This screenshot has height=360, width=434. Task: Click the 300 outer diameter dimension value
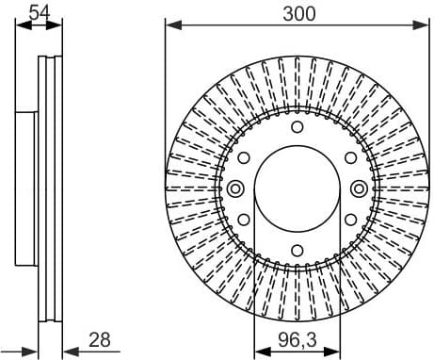(x=297, y=12)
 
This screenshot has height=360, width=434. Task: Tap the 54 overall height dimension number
(x=40, y=12)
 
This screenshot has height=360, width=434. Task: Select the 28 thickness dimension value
(x=100, y=338)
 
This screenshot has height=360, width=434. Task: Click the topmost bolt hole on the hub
(x=297, y=126)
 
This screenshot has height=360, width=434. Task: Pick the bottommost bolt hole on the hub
(x=297, y=250)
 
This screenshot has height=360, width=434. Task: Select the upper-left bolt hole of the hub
(x=243, y=157)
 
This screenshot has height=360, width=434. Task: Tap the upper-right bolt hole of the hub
(x=350, y=157)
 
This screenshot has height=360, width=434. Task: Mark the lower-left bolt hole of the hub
(x=243, y=220)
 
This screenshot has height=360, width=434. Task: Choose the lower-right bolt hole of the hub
(x=350, y=220)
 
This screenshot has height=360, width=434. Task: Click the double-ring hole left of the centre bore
(x=235, y=188)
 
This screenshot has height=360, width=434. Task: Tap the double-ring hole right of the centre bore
(x=359, y=188)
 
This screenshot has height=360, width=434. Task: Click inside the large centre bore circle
(x=297, y=188)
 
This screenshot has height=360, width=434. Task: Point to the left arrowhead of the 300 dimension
(x=170, y=25)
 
